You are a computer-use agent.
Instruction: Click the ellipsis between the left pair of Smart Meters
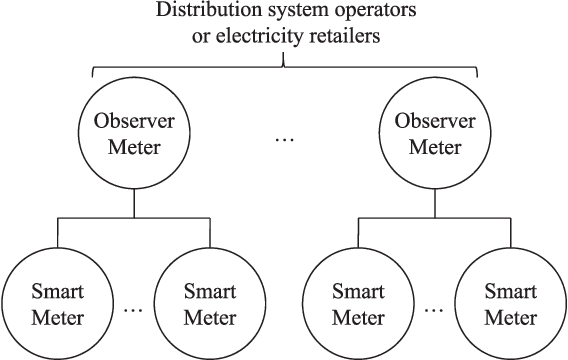point(134,309)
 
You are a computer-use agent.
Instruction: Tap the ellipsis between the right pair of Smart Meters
point(434,309)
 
